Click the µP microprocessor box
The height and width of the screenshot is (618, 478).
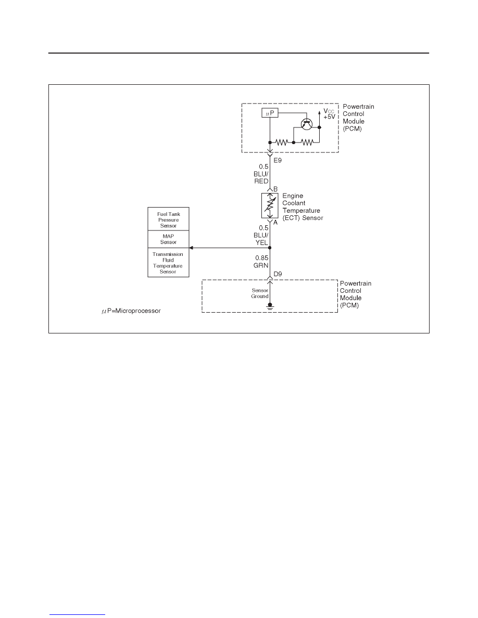click(x=270, y=113)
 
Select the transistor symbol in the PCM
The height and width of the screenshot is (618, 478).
click(x=307, y=124)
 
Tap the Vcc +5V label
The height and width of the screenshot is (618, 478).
click(x=329, y=114)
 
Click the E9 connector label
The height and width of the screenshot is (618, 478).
click(x=278, y=160)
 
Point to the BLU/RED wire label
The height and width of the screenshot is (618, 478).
click(x=261, y=174)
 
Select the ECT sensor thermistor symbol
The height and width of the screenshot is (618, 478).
click(x=270, y=205)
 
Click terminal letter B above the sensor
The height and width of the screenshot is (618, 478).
click(x=275, y=189)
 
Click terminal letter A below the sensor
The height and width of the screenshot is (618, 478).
click(x=275, y=222)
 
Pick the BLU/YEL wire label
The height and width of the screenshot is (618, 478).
click(x=261, y=235)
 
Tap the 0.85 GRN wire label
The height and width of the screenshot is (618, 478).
click(x=261, y=262)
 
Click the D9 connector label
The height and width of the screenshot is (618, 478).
click(x=278, y=274)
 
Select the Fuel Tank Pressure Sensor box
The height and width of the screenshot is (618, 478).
click(x=168, y=219)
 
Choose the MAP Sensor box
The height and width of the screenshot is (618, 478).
click(x=168, y=239)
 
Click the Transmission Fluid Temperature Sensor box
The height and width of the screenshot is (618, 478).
click(x=168, y=263)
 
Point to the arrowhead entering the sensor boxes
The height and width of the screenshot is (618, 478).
click(x=191, y=248)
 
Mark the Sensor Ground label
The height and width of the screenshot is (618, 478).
click(x=260, y=293)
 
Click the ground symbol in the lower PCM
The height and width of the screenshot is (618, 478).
click(x=270, y=306)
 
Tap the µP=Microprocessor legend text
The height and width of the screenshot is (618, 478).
click(x=131, y=311)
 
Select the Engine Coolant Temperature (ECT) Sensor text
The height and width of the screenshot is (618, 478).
click(x=303, y=207)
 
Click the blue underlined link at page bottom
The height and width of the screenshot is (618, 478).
click(x=77, y=614)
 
